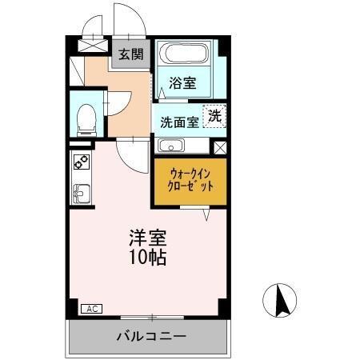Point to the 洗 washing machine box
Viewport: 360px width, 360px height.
[214, 115]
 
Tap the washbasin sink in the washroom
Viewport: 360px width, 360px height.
[171, 146]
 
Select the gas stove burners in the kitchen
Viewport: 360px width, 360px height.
[81, 161]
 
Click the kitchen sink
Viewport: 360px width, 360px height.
[80, 193]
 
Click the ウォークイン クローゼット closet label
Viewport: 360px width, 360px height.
[190, 179]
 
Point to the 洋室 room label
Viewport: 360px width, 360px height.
[149, 238]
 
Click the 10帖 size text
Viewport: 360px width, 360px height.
[149, 258]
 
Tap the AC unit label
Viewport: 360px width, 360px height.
[91, 307]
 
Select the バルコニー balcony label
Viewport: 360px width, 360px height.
[150, 336]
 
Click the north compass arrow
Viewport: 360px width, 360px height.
[282, 301]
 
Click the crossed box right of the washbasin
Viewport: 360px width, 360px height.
[220, 147]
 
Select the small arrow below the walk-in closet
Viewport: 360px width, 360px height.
[206, 214]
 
